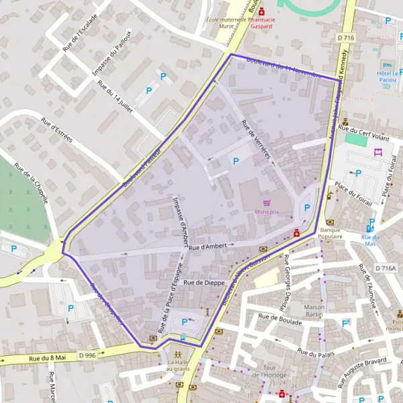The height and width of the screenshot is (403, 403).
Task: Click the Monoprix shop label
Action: tap(267, 212)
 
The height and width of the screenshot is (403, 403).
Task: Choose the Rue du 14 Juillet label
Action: tap(114, 97)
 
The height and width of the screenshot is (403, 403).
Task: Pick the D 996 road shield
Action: tap(88, 355)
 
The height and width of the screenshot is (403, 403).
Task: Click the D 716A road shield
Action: tap(386, 268)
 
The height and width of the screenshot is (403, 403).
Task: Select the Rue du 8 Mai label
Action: tap(46, 359)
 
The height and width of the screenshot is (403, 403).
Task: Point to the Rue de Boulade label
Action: tap(280, 319)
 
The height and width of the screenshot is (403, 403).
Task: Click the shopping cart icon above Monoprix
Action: tap(267, 202)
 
